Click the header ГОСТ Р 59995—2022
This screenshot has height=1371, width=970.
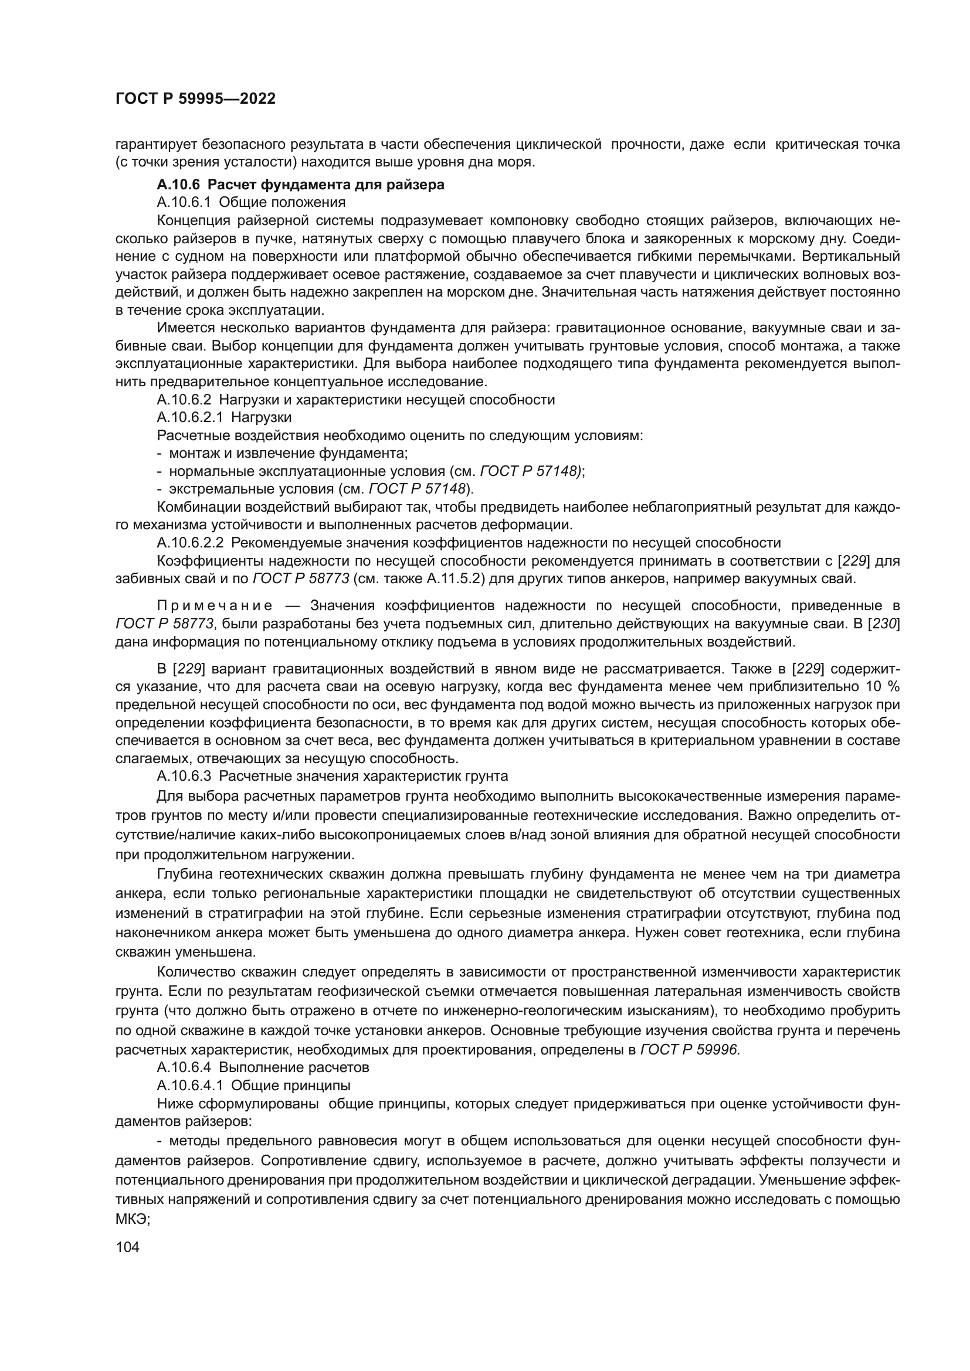pos(195,99)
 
